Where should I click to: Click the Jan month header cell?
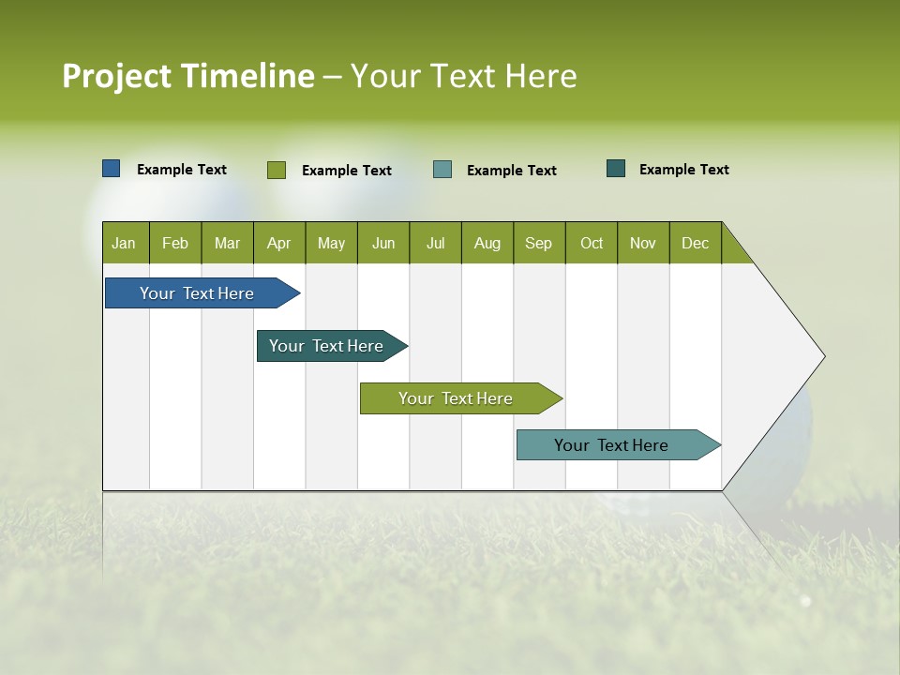(125, 243)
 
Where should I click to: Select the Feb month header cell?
(175, 243)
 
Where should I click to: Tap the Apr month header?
(279, 243)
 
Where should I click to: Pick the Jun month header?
(383, 243)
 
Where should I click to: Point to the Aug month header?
(487, 243)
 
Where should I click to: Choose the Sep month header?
(539, 243)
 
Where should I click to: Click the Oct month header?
(592, 243)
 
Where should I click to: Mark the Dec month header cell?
(696, 243)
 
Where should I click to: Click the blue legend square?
(112, 169)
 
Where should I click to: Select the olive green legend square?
(277, 170)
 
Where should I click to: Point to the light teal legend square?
(442, 170)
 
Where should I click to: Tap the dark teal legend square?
(616, 169)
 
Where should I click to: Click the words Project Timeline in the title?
(188, 76)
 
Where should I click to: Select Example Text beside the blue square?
(182, 170)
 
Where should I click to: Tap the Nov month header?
(643, 243)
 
